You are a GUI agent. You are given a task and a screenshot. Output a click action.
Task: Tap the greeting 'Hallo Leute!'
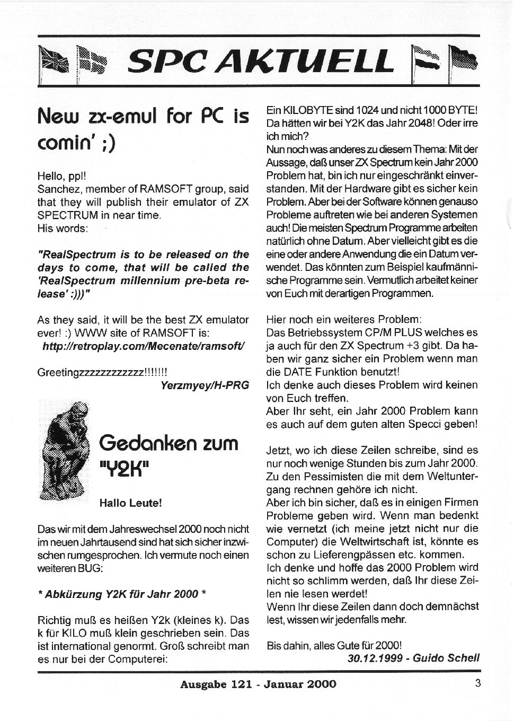(x=130, y=503)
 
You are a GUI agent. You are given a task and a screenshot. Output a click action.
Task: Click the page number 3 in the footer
(x=477, y=683)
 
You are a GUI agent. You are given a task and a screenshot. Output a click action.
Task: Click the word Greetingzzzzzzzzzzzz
(x=90, y=372)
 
